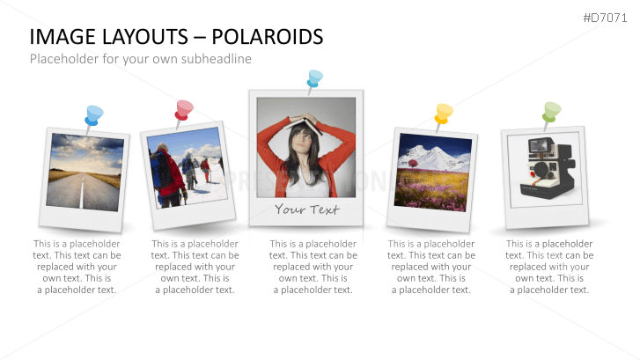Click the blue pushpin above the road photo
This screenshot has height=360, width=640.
pyautogui.click(x=93, y=114)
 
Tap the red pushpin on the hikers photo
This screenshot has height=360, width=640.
pyautogui.click(x=183, y=109)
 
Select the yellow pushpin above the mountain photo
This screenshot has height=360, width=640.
pyautogui.click(x=443, y=113)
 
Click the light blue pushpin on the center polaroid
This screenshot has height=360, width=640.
pyautogui.click(x=314, y=78)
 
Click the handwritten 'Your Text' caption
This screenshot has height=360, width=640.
pyautogui.click(x=305, y=209)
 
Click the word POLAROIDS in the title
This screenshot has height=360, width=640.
pyautogui.click(x=275, y=37)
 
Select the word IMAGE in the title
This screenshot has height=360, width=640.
pyautogui.click(x=59, y=37)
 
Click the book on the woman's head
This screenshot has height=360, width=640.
pyautogui.click(x=305, y=120)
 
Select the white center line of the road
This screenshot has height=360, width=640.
pyautogui.click(x=84, y=193)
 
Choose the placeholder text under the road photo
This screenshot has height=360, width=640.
pyautogui.click(x=77, y=266)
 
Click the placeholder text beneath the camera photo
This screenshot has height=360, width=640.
pyautogui.click(x=549, y=266)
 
